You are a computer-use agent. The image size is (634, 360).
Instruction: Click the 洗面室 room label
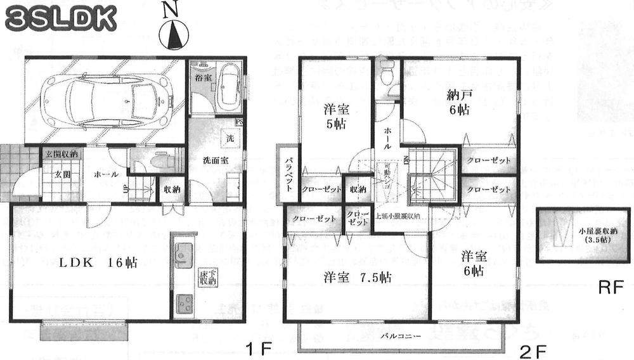(215, 161)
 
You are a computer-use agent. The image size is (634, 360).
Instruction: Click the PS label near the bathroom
(239, 122)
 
